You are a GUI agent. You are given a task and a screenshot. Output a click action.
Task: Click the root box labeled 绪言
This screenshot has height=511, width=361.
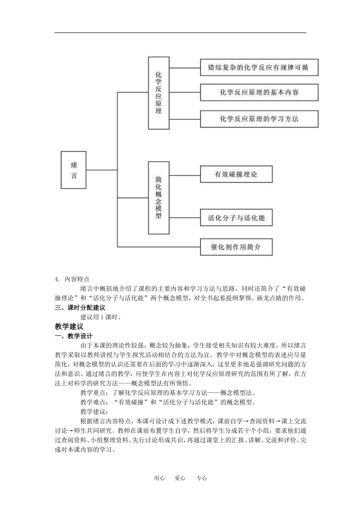click(x=73, y=170)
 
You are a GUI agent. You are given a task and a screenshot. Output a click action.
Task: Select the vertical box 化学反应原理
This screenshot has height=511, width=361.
click(x=158, y=93)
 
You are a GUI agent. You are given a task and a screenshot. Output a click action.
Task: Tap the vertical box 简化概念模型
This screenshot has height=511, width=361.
click(x=158, y=197)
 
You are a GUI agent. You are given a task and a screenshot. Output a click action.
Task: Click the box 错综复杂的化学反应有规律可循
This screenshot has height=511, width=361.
click(x=259, y=68)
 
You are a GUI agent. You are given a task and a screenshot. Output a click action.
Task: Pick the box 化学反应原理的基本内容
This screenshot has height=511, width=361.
click(x=259, y=92)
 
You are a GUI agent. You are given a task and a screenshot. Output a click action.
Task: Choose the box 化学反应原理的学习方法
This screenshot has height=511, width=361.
click(x=259, y=119)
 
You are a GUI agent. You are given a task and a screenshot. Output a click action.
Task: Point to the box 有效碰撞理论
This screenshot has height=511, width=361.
click(x=236, y=175)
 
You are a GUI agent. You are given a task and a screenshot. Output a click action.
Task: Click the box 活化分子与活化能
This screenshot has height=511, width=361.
click(x=236, y=218)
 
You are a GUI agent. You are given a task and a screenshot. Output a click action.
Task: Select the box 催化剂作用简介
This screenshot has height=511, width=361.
click(x=236, y=247)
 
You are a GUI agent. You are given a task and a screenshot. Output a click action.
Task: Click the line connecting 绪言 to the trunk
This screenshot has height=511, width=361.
click(x=101, y=170)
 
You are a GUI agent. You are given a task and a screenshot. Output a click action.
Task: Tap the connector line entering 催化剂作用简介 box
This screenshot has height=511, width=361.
click(x=160, y=247)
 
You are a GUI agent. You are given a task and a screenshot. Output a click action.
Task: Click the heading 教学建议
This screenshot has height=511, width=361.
click(x=69, y=327)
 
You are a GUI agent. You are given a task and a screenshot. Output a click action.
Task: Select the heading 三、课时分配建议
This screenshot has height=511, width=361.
click(x=80, y=308)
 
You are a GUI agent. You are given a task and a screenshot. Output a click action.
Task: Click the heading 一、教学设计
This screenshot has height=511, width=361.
click(x=74, y=336)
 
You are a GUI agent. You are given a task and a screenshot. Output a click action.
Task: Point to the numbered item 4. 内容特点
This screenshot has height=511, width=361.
click(x=72, y=279)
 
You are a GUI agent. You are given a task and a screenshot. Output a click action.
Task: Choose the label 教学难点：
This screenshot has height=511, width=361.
click(x=94, y=402)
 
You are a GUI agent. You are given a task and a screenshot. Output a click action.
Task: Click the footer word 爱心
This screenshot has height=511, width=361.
click(x=180, y=478)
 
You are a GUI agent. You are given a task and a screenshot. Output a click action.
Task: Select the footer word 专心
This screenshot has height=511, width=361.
click(x=202, y=478)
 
